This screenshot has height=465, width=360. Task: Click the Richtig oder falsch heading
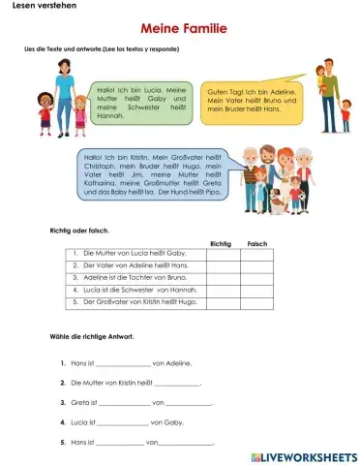pyautogui.click(x=78, y=230)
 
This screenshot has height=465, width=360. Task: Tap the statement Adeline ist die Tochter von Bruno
pyautogui.click(x=122, y=277)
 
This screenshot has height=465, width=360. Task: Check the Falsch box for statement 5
pyautogui.click(x=257, y=302)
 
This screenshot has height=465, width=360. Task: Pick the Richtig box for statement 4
pyautogui.click(x=222, y=290)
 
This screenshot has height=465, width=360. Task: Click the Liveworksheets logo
pyautogui.click(x=302, y=454)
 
